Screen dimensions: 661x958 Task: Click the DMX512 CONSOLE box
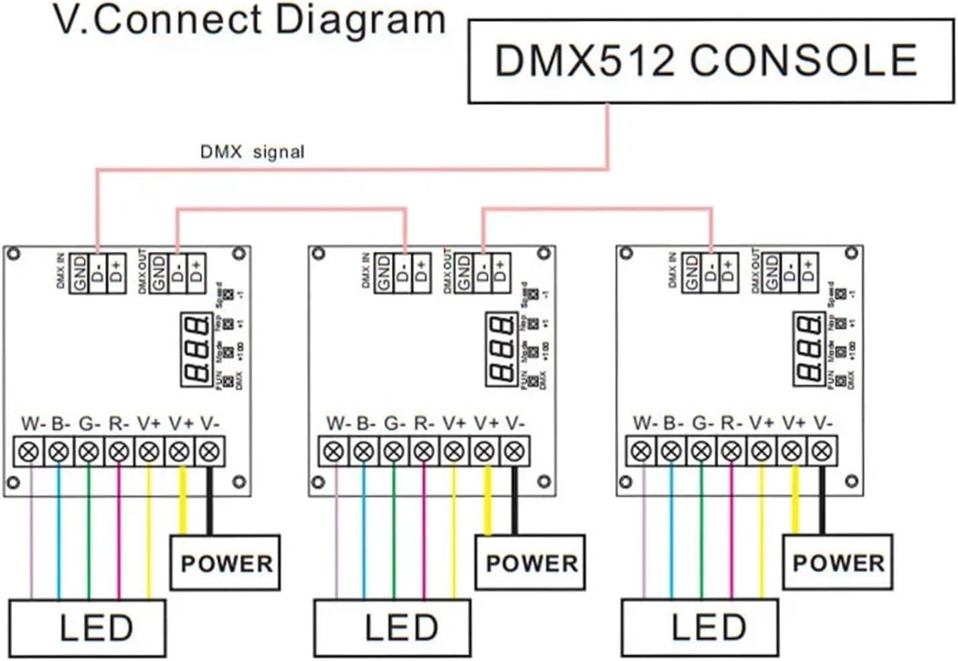coord(710,61)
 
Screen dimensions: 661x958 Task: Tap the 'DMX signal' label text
coord(252,152)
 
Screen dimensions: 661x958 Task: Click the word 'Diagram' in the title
coord(360,20)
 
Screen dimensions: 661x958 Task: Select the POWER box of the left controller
coord(226,563)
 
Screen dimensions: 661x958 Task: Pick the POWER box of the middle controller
coord(531,563)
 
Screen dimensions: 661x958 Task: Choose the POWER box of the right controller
coord(837,562)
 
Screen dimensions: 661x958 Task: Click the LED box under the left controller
coord(88,628)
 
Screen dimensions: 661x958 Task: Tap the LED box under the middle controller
coord(393,628)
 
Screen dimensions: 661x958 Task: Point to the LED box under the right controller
coord(700,628)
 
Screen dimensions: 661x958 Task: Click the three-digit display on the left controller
coord(197,349)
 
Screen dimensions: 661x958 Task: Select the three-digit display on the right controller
coord(809,349)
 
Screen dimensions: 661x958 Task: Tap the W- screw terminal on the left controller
coord(29,452)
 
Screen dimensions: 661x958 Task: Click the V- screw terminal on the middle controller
coord(515,452)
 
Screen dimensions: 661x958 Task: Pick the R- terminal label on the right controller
coord(731,423)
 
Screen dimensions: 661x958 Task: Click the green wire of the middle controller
coord(394,532)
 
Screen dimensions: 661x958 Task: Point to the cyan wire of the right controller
coord(671,532)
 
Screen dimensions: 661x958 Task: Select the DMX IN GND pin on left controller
coord(79,273)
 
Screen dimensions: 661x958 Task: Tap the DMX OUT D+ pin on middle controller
coord(500,273)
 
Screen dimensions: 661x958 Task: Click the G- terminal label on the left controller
coord(89,424)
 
